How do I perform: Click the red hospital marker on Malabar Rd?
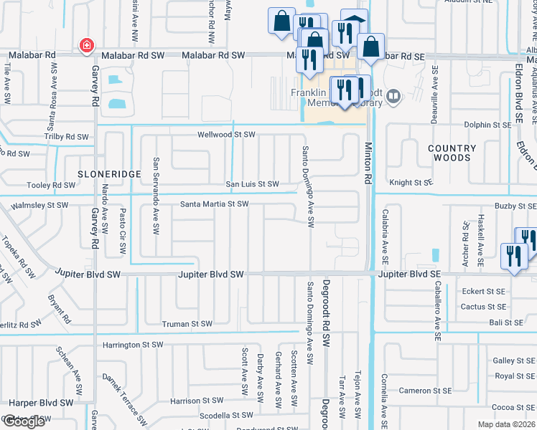click(86, 46)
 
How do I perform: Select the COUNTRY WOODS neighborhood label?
click(452, 153)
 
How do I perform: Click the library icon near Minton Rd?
click(393, 96)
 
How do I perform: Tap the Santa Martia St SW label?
click(214, 204)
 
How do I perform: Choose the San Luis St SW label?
click(253, 184)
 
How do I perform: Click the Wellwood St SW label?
click(227, 135)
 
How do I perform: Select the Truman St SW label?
click(187, 324)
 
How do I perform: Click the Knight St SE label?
click(411, 183)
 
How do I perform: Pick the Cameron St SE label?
click(425, 391)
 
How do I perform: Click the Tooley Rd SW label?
click(51, 186)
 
